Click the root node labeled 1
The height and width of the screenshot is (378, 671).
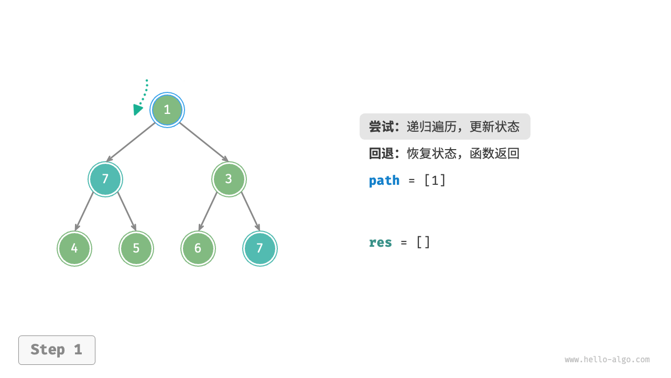[x=167, y=110]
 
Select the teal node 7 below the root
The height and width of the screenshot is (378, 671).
[x=105, y=179]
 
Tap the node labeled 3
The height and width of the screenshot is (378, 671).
[x=229, y=179]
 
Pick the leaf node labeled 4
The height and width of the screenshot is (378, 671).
[x=74, y=248]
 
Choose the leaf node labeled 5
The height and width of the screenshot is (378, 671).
[x=136, y=248]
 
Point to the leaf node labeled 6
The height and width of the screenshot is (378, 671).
[x=198, y=248]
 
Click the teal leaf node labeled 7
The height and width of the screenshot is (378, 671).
[x=259, y=248]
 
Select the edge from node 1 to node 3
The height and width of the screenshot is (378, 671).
[x=203, y=141]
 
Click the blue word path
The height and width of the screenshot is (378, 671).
[x=384, y=181]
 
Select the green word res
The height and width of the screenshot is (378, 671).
[x=380, y=243]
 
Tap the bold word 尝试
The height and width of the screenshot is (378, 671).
[x=381, y=127]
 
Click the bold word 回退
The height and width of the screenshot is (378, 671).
[x=381, y=154]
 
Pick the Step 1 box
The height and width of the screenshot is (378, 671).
[x=57, y=350]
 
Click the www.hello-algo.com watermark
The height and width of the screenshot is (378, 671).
[x=607, y=360]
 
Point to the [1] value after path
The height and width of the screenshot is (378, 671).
[x=435, y=181]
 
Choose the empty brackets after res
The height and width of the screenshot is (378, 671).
[x=423, y=243]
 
